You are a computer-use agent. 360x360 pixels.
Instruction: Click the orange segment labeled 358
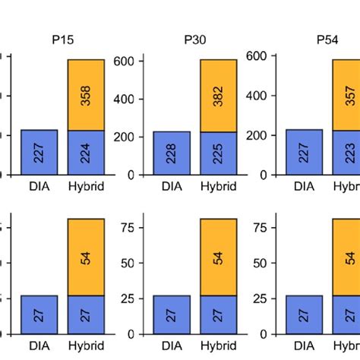click(86, 95)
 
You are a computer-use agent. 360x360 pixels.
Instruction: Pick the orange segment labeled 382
click(219, 96)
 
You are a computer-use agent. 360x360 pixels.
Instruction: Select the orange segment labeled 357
click(346, 95)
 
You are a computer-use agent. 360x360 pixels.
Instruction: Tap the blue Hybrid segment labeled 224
click(86, 153)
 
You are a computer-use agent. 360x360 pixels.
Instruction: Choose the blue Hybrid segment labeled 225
click(219, 153)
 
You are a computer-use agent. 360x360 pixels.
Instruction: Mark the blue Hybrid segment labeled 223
click(346, 153)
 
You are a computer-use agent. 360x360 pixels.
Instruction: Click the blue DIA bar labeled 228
click(172, 153)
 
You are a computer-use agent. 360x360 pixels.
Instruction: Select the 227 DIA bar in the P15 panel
click(39, 153)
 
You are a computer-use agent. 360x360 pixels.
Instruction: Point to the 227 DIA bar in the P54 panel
click(304, 153)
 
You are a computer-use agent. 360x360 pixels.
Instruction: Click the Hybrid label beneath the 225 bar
click(219, 185)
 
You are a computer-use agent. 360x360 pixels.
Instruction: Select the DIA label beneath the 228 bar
click(172, 185)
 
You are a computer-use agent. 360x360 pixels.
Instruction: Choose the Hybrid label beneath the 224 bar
click(86, 185)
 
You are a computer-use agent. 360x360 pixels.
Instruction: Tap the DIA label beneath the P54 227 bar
click(304, 185)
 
